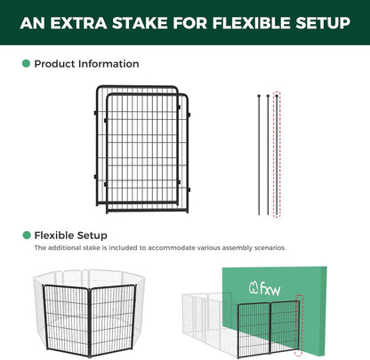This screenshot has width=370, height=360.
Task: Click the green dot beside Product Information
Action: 26,64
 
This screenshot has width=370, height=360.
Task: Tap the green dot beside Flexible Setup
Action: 26,236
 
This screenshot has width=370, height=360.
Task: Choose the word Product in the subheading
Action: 55,64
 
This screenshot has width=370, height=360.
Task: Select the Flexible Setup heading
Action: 70,236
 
